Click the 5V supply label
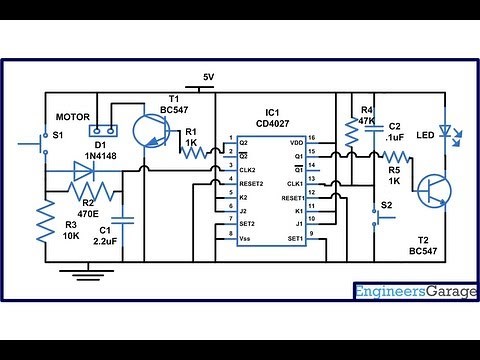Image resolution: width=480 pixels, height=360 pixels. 208,77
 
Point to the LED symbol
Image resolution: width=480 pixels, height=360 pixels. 444,132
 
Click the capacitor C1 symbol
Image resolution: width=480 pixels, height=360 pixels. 123,216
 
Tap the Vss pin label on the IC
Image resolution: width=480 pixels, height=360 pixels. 246,240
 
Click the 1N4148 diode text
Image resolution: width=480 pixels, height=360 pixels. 102,156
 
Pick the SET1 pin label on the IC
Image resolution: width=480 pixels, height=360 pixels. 294,240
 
